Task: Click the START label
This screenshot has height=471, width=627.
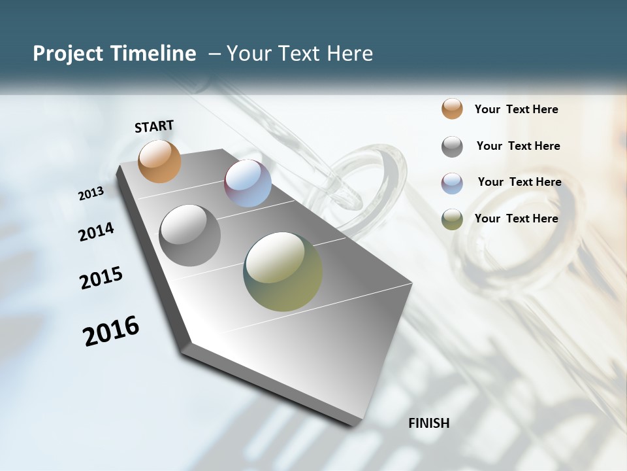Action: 154,126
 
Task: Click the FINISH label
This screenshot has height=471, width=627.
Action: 428,423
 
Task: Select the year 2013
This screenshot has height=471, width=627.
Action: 91,194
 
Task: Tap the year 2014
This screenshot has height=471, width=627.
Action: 96,232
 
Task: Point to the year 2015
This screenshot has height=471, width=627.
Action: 101,278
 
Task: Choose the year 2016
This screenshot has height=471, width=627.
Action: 111,331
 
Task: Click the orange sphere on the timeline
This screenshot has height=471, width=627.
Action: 159,161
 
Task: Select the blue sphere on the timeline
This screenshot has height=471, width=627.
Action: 248,183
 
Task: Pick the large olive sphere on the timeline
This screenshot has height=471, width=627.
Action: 283,271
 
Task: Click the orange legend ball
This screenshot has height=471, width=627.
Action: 452,109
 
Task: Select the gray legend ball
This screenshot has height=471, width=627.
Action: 452,146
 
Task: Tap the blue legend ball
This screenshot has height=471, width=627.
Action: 452,183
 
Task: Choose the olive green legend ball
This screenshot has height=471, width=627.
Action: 452,219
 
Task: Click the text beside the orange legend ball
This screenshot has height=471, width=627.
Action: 516,109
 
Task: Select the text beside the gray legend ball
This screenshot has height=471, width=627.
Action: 518,146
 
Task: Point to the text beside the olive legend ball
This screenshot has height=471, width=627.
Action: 516,218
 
